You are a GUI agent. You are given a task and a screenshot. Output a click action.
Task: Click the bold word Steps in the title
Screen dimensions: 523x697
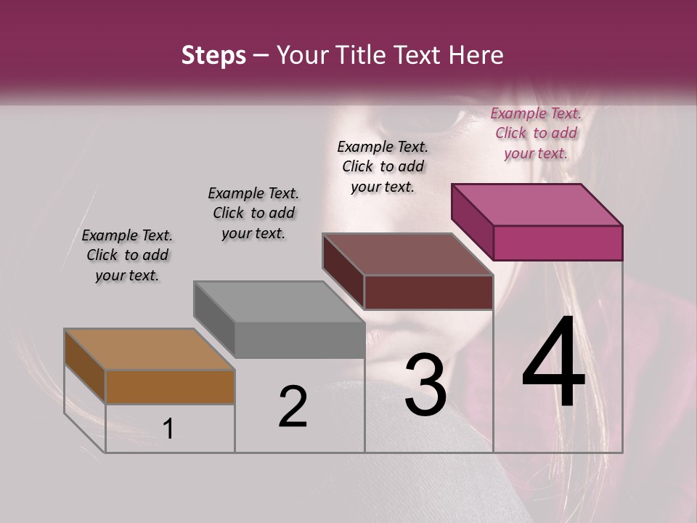tap(213, 56)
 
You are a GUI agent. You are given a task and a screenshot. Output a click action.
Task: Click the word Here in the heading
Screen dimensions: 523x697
tap(474, 56)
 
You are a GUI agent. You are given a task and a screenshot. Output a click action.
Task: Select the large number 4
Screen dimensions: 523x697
tap(553, 363)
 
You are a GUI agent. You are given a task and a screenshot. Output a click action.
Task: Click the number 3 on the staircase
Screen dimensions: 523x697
tap(425, 385)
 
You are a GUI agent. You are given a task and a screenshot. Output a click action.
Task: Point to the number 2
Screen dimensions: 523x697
tap(293, 407)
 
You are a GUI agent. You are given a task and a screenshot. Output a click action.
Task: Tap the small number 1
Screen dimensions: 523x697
tap(168, 429)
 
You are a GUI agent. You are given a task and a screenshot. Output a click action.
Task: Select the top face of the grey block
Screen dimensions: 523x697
tap(280, 301)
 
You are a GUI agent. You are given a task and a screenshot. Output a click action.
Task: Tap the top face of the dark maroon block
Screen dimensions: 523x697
tap(408, 254)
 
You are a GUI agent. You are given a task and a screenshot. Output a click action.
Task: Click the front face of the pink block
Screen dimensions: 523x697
tap(558, 243)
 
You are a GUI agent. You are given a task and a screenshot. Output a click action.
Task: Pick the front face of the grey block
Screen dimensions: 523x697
tap(299, 340)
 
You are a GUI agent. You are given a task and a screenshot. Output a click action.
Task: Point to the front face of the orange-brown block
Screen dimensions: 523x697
tap(170, 386)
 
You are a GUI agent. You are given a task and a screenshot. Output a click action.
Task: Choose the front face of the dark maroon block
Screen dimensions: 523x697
tap(428, 292)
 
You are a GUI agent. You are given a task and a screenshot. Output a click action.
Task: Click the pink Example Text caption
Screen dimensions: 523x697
tap(536, 133)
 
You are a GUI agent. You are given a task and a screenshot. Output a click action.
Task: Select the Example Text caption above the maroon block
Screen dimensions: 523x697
tap(383, 166)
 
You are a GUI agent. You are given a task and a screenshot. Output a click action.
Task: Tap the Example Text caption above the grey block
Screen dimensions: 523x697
tap(253, 213)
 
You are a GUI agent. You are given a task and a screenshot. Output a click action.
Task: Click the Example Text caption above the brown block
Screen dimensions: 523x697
tap(127, 255)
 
